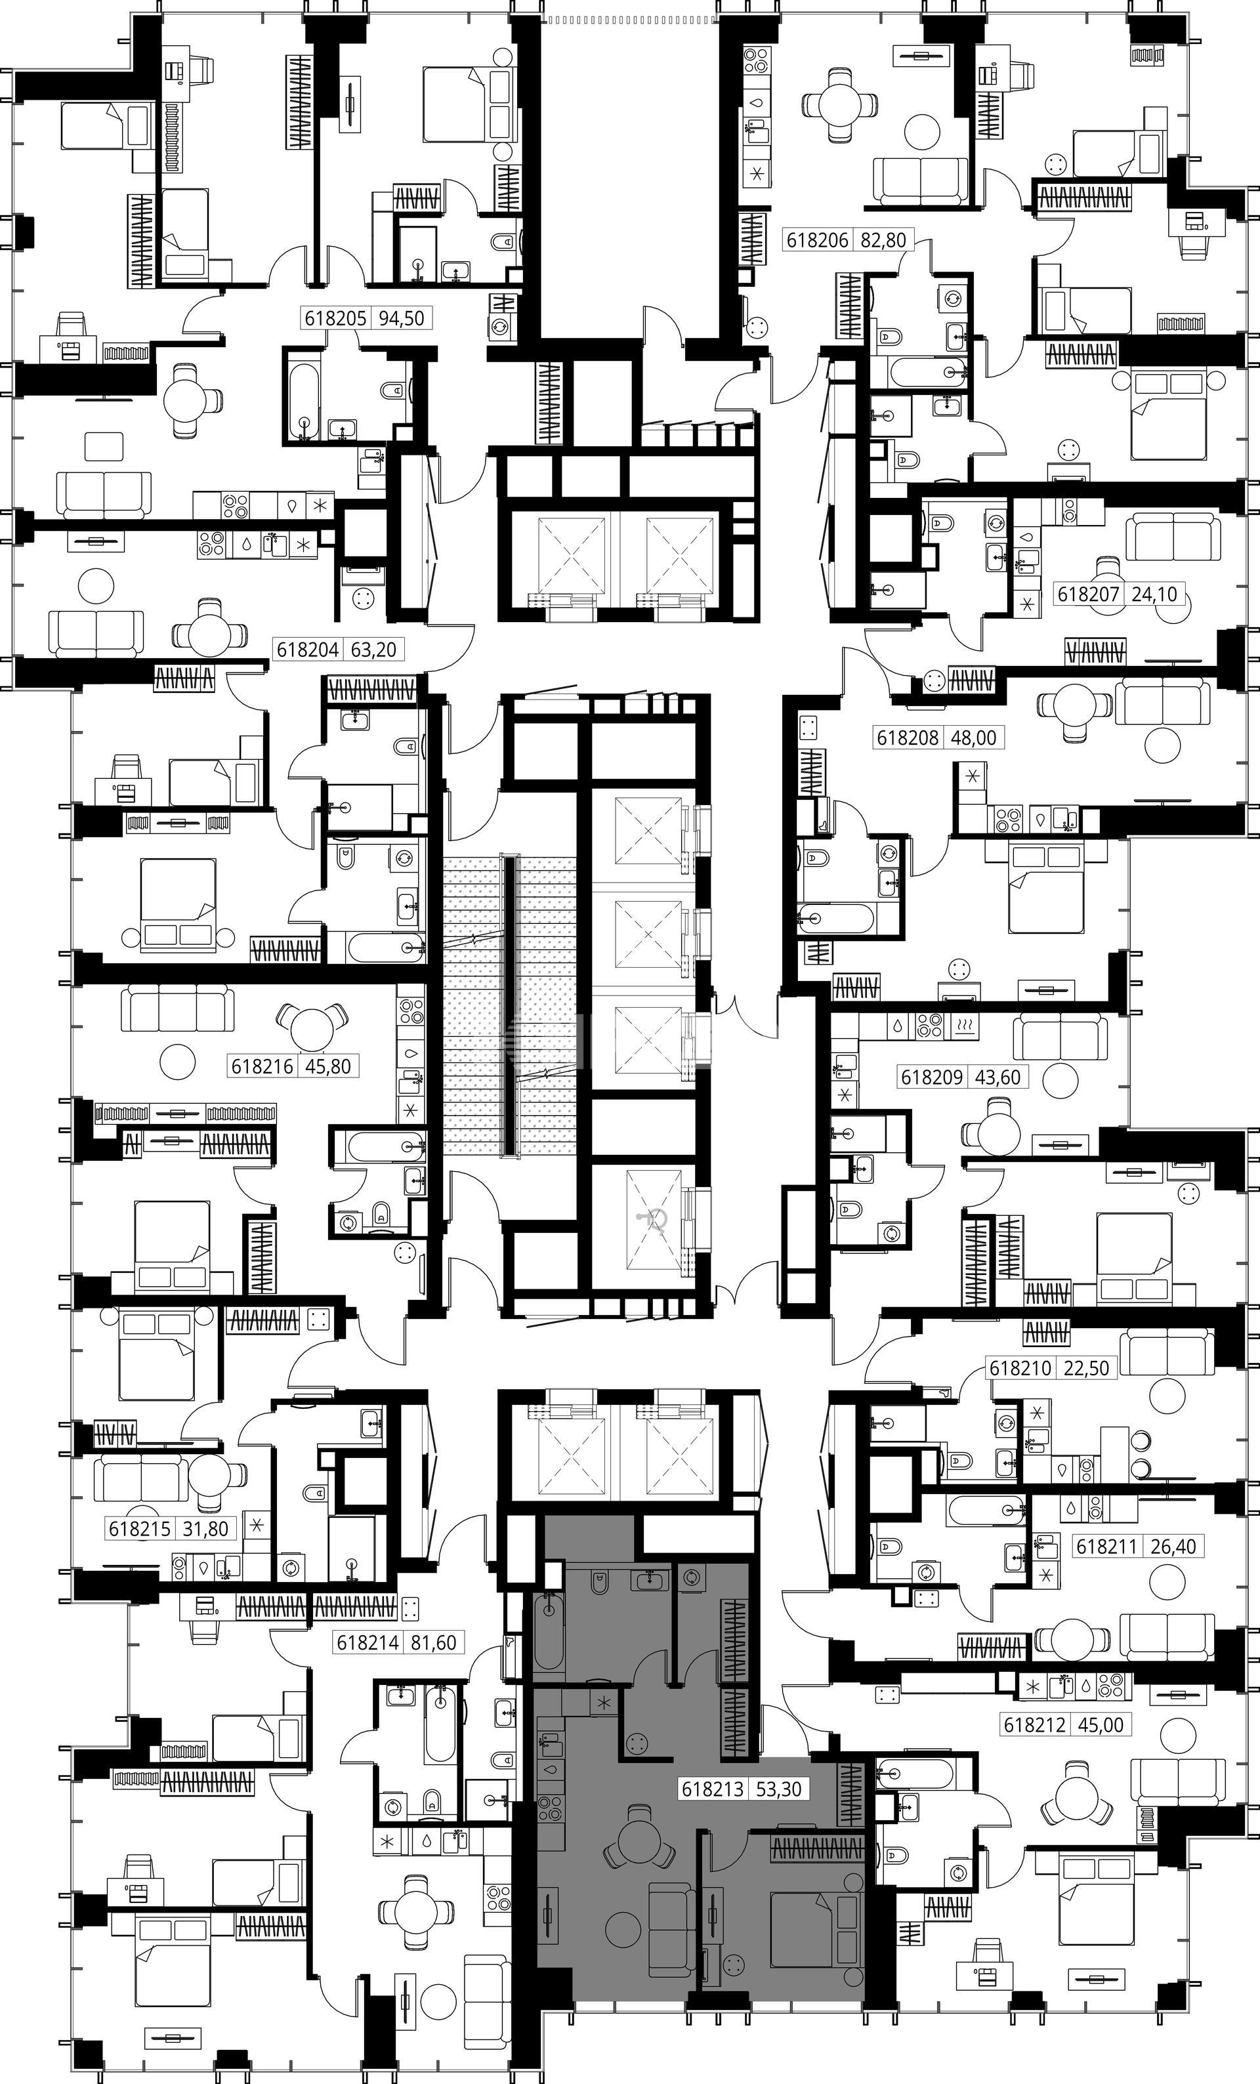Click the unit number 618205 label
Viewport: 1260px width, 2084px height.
[x=335, y=319]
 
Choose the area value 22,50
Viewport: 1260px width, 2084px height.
[x=1086, y=1367]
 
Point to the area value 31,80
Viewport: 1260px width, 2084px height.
[x=204, y=1528]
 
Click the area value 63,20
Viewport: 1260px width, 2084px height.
[x=375, y=650]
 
